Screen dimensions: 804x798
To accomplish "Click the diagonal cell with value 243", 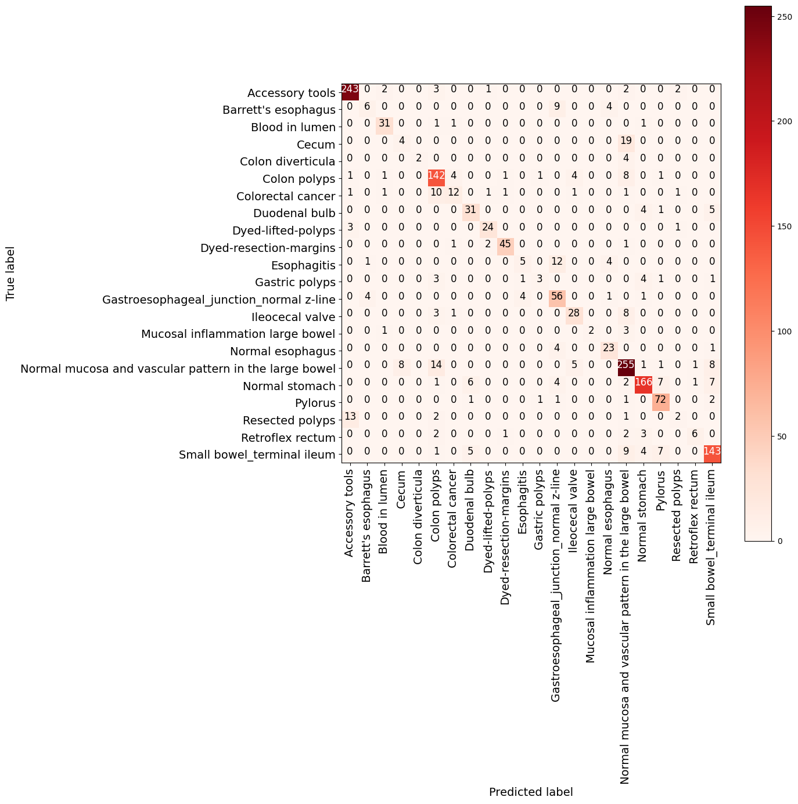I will point(350,89).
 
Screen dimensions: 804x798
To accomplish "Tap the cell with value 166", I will point(643,386).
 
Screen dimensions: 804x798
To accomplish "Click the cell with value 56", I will point(557,300).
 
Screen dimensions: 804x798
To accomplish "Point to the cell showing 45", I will point(505,248).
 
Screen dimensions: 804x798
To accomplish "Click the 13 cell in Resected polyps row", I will point(350,420).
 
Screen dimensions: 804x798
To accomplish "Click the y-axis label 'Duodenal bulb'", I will point(294,214).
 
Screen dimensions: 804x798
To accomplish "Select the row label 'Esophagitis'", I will point(303,265).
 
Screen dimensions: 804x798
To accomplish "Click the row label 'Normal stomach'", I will point(289,386).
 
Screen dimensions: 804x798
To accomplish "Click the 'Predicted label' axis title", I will point(531,792).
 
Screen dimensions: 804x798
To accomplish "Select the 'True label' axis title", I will point(10,273).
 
